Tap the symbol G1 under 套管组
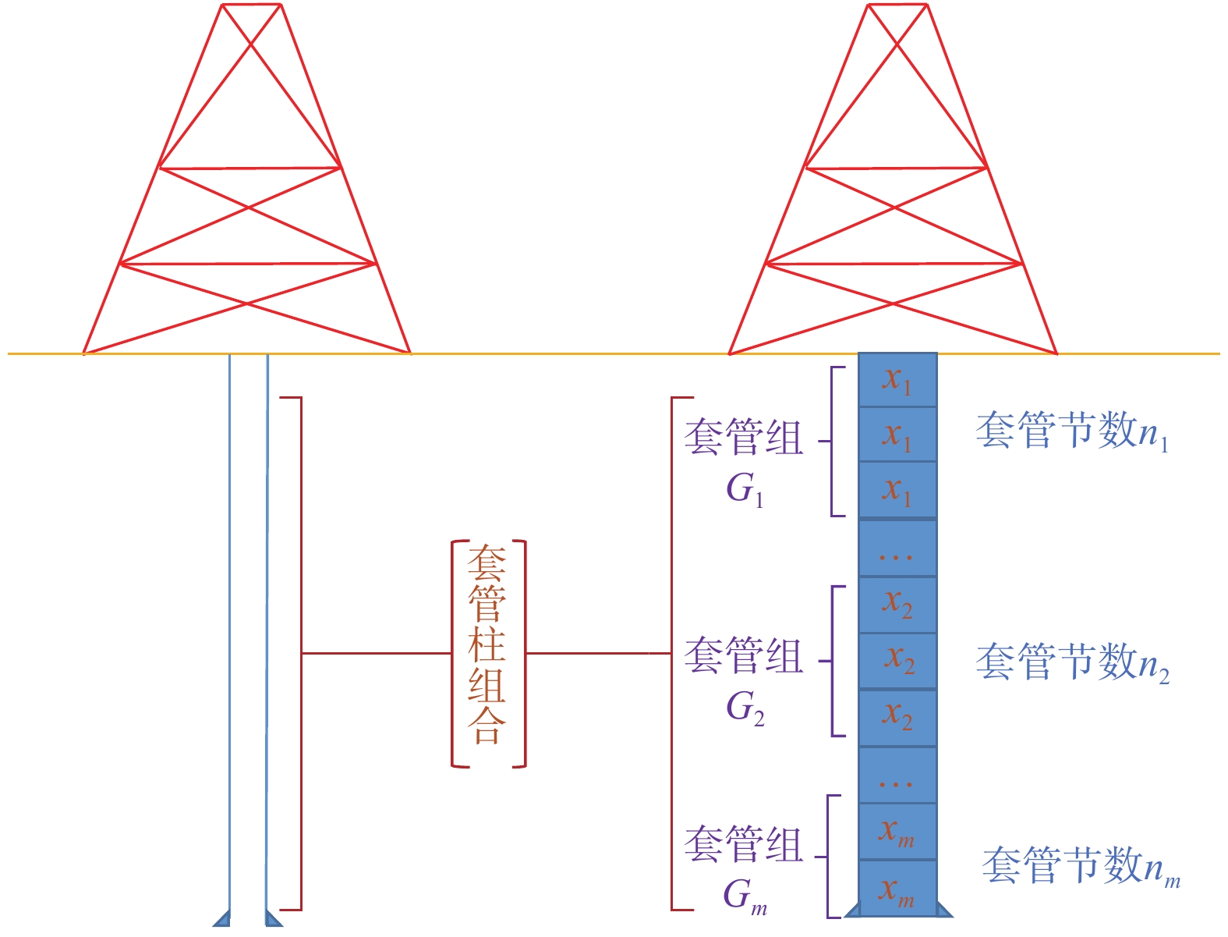click(745, 490)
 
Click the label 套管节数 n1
click(1072, 431)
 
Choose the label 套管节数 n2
click(1072, 662)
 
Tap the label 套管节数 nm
click(1081, 867)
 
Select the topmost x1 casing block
click(897, 380)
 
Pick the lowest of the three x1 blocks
click(897, 490)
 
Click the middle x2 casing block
click(897, 660)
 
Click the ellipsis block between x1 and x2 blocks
click(897, 548)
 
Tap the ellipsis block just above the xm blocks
click(897, 775)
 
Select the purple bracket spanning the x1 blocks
click(833, 441)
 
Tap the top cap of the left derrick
click(251, 5)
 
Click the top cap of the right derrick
click(897, 5)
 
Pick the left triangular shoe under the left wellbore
click(222, 919)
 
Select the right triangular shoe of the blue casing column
click(943, 910)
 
